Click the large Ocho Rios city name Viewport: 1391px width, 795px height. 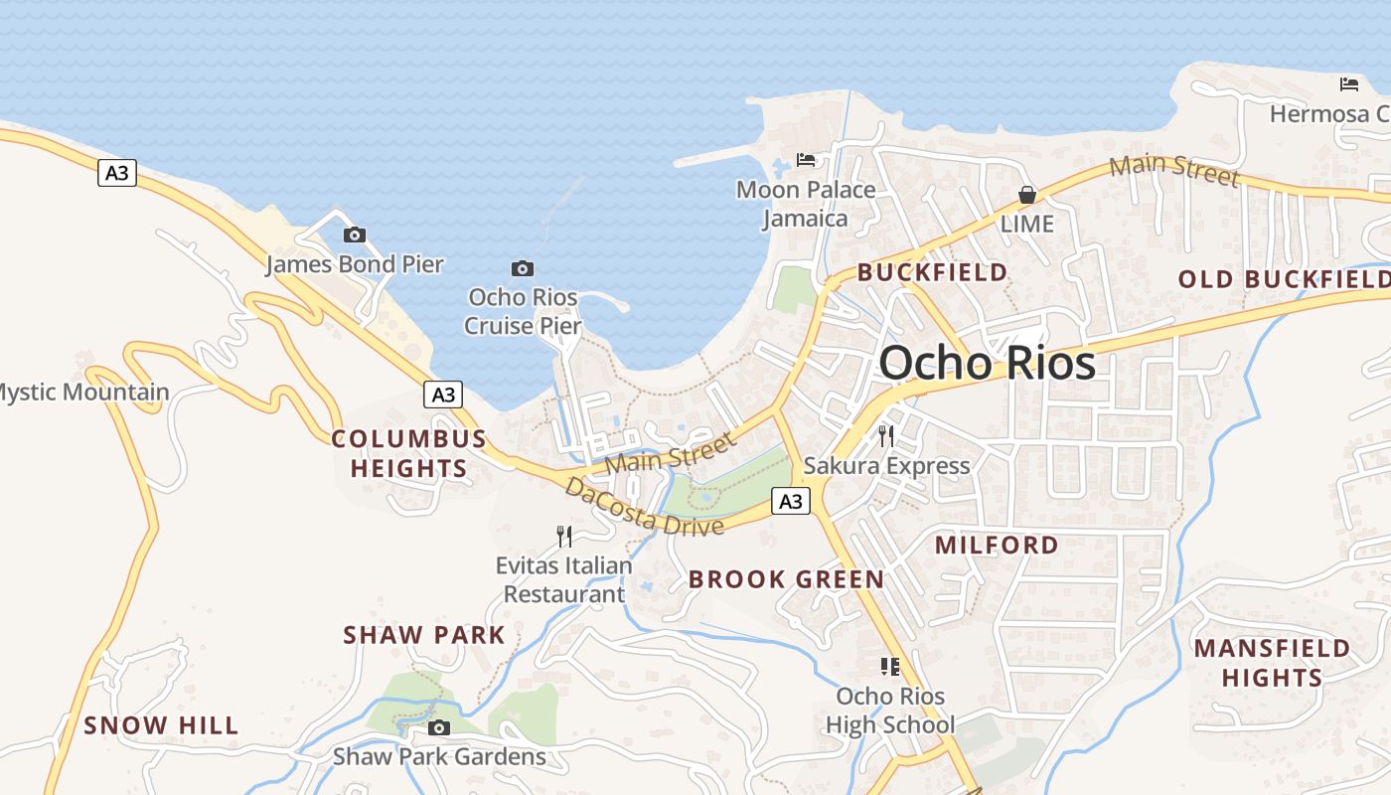click(987, 363)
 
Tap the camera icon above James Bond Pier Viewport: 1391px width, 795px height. click(355, 236)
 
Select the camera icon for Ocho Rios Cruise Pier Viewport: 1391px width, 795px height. click(523, 268)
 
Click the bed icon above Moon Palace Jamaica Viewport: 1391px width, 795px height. click(806, 159)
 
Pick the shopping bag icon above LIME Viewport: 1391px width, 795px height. click(1027, 195)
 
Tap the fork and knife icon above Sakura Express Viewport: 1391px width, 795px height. click(886, 435)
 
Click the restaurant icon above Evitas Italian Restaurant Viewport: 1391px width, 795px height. click(564, 537)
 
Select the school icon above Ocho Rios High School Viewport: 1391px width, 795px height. click(890, 667)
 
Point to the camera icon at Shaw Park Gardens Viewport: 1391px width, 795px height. click(438, 727)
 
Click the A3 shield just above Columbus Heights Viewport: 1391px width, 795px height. click(443, 395)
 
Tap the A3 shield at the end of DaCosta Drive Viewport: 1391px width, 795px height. click(790, 502)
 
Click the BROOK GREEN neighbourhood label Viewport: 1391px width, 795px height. click(786, 579)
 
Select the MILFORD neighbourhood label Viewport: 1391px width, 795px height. click(997, 545)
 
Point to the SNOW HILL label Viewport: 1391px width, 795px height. click(161, 725)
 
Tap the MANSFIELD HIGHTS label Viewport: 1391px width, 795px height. click(1272, 663)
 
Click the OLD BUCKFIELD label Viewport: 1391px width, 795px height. click(1284, 279)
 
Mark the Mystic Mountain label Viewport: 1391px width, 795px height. click(83, 393)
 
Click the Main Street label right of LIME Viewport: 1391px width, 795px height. click(1174, 170)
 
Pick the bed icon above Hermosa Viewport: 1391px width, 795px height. click(1349, 84)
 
